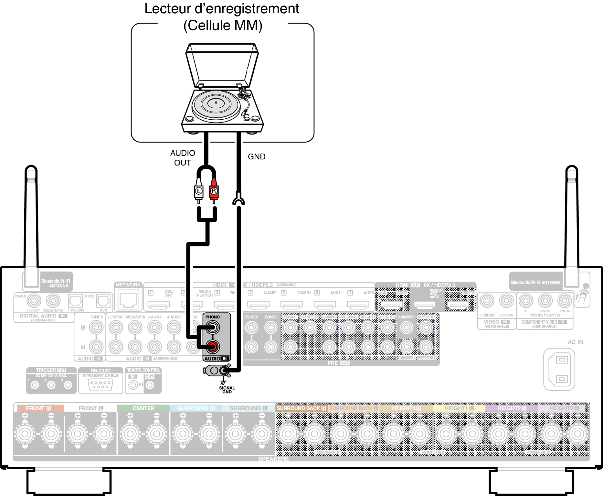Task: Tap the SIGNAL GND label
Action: (x=227, y=390)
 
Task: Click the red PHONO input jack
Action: (x=212, y=347)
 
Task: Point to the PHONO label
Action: (x=212, y=317)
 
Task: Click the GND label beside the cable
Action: (x=257, y=157)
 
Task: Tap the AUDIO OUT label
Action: (x=183, y=158)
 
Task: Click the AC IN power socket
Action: (x=559, y=369)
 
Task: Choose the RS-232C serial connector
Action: (x=100, y=385)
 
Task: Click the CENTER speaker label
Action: (x=143, y=408)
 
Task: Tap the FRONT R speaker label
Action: (x=38, y=408)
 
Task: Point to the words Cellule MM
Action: (x=223, y=26)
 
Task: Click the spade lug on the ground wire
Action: (x=238, y=199)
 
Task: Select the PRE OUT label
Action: (x=338, y=363)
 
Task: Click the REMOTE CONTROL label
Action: (x=143, y=370)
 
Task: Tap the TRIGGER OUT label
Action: (x=51, y=370)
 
